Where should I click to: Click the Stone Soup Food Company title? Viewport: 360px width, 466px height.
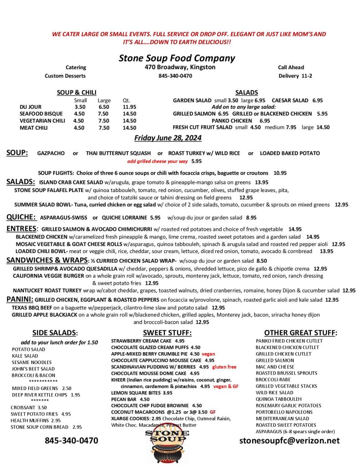pos(177,58)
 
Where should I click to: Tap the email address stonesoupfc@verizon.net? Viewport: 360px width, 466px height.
pos(289,441)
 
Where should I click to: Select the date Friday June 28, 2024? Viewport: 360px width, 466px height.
pos(167,138)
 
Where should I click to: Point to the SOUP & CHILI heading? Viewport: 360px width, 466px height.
pos(76,92)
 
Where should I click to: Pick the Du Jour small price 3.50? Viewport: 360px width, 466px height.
pos(80,107)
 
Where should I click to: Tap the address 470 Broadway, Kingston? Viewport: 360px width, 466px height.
pos(177,67)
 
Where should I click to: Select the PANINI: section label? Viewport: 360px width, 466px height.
pos(20,299)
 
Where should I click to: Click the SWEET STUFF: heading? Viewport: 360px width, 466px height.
pos(167,333)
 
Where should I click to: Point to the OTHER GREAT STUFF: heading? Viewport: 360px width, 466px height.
pos(300,333)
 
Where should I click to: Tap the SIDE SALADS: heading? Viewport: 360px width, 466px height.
pos(55,333)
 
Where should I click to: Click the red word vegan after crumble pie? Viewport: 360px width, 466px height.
pos(208,354)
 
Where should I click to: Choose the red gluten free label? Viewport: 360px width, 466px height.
pos(224,366)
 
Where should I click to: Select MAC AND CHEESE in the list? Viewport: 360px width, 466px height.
pos(274,366)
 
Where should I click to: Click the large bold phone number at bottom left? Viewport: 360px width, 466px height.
pos(71,441)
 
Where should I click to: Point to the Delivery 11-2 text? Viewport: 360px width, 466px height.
pos(295,76)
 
